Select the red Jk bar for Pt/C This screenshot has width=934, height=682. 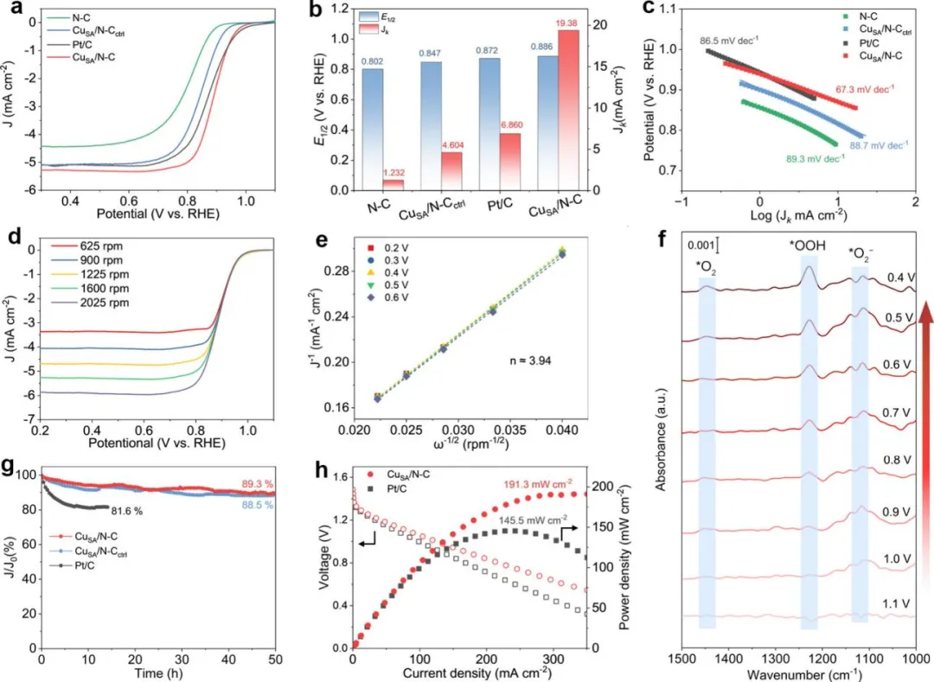(510, 162)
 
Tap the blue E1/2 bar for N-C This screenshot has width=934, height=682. (373, 129)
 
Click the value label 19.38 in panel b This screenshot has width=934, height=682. (565, 23)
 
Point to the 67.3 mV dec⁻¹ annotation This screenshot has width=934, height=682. (865, 89)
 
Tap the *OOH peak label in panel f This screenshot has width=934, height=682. (808, 245)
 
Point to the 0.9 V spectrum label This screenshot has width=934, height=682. (897, 512)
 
